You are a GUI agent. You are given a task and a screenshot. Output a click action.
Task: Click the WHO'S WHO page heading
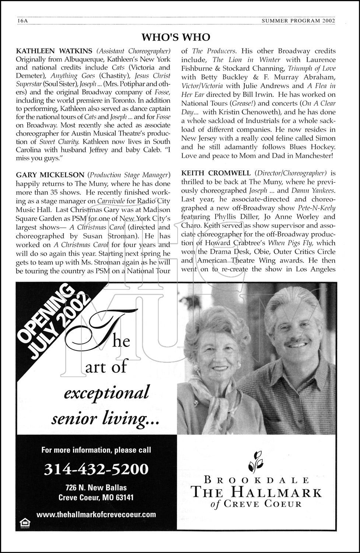point(176,37)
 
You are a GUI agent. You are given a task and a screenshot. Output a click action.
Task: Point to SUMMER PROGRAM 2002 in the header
point(298,21)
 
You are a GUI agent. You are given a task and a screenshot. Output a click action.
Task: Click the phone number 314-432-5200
point(96,469)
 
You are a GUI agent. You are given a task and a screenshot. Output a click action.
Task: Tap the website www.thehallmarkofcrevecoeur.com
point(96,514)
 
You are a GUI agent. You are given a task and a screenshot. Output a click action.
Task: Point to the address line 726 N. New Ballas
point(96,487)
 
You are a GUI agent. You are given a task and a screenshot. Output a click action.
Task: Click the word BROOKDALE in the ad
point(256,480)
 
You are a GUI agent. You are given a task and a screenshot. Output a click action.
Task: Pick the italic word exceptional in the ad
point(106,392)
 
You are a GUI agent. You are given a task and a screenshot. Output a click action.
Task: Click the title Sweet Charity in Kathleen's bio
point(59,142)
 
